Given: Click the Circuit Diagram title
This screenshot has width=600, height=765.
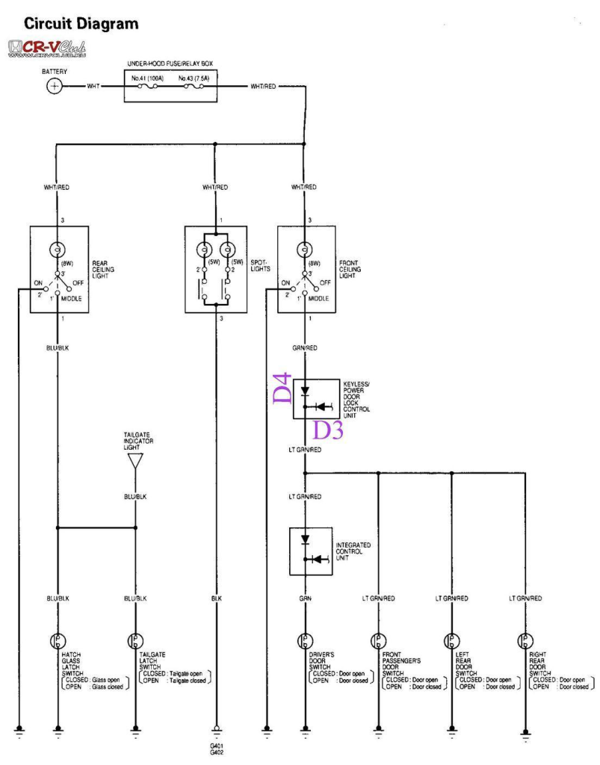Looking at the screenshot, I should (x=81, y=24).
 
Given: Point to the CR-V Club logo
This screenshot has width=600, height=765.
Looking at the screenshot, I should (x=46, y=49).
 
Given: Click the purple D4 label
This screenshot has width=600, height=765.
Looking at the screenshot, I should (x=283, y=388).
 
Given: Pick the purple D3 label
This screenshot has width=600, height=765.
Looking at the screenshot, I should (x=327, y=430).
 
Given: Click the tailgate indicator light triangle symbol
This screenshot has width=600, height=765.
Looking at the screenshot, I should (x=134, y=461).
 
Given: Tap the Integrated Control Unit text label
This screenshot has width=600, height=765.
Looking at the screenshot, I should (x=353, y=551).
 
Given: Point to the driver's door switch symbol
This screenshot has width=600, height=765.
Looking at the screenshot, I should (x=305, y=641).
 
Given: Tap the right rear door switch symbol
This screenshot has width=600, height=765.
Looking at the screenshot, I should (x=526, y=641).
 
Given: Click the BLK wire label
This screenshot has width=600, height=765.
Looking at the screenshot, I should (x=216, y=598).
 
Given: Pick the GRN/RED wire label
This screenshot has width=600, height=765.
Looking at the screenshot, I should (x=304, y=347).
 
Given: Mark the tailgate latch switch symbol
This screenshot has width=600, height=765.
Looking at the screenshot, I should (x=135, y=641).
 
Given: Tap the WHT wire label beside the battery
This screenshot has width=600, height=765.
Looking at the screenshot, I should (x=93, y=87).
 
